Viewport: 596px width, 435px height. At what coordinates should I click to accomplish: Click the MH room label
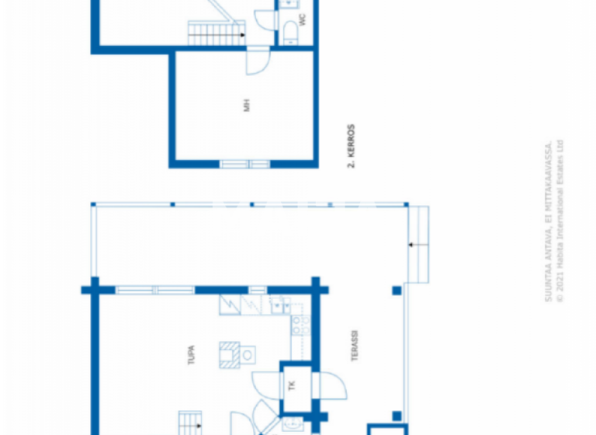point(248,105)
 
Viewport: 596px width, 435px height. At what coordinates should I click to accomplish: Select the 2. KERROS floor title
point(351,146)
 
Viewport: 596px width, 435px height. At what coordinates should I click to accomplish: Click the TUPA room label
point(190,355)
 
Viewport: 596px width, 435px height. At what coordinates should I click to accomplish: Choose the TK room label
point(292,385)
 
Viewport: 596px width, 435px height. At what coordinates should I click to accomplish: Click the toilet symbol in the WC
point(289,31)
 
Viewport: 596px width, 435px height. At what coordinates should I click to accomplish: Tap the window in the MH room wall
point(245,164)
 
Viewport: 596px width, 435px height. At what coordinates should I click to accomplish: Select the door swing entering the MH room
point(258,61)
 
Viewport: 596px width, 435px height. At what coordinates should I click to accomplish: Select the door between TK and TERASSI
point(327,385)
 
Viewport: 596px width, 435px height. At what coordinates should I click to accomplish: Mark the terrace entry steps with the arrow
point(420,245)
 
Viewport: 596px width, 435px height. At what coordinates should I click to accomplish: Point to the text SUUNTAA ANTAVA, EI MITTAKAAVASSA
point(548,221)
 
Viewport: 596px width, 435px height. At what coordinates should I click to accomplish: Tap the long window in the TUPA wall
point(155,290)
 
